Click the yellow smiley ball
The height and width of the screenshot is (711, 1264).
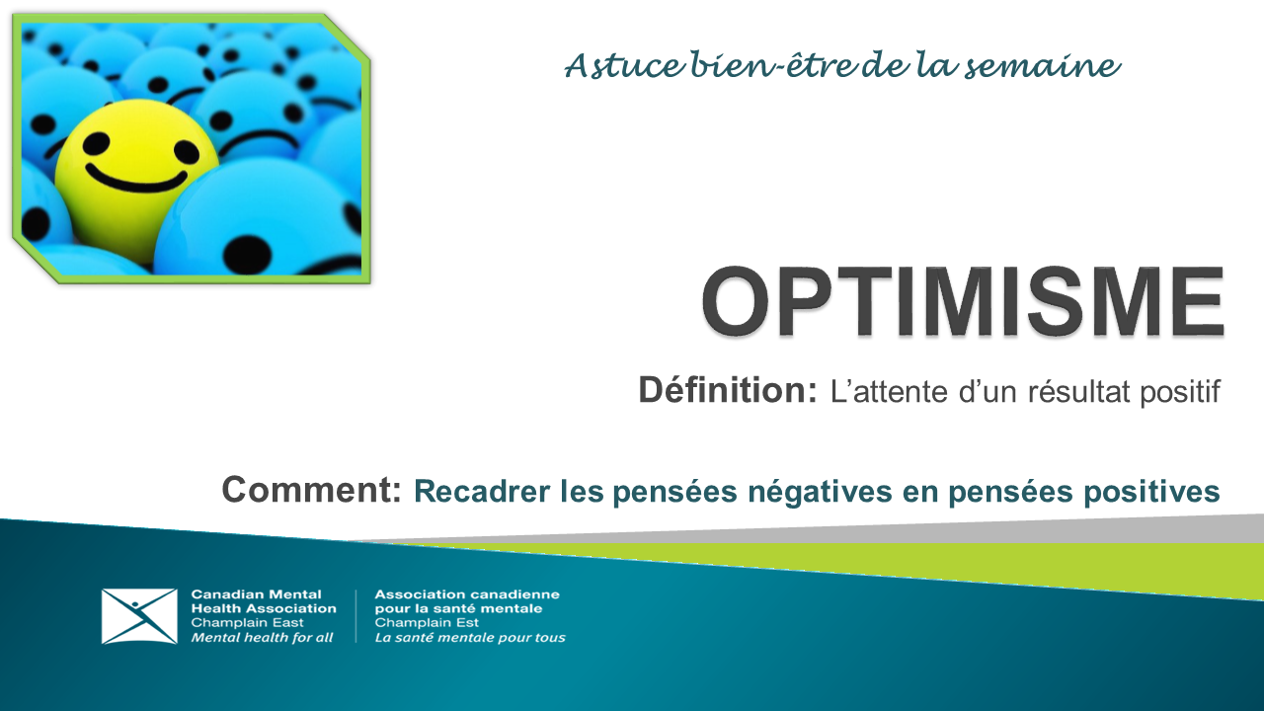point(133,178)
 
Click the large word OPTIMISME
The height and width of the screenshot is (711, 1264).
point(963,301)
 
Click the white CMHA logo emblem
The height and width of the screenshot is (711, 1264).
point(139,616)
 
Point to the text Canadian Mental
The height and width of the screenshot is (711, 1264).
point(256,594)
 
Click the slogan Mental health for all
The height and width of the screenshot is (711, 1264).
point(262,638)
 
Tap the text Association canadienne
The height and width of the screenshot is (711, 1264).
point(467,594)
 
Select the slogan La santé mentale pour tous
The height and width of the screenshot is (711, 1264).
point(470,638)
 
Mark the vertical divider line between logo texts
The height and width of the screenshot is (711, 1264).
point(355,616)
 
